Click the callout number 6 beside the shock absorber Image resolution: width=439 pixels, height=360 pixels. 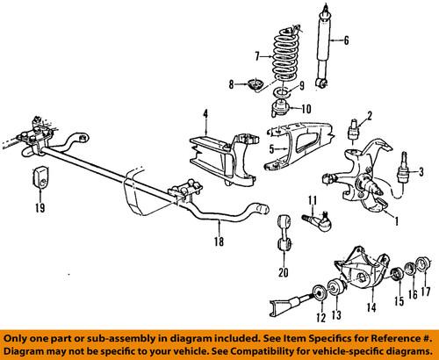(x=347, y=40)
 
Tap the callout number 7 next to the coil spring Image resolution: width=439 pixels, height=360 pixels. (x=256, y=56)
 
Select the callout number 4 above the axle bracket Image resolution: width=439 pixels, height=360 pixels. (x=204, y=113)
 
